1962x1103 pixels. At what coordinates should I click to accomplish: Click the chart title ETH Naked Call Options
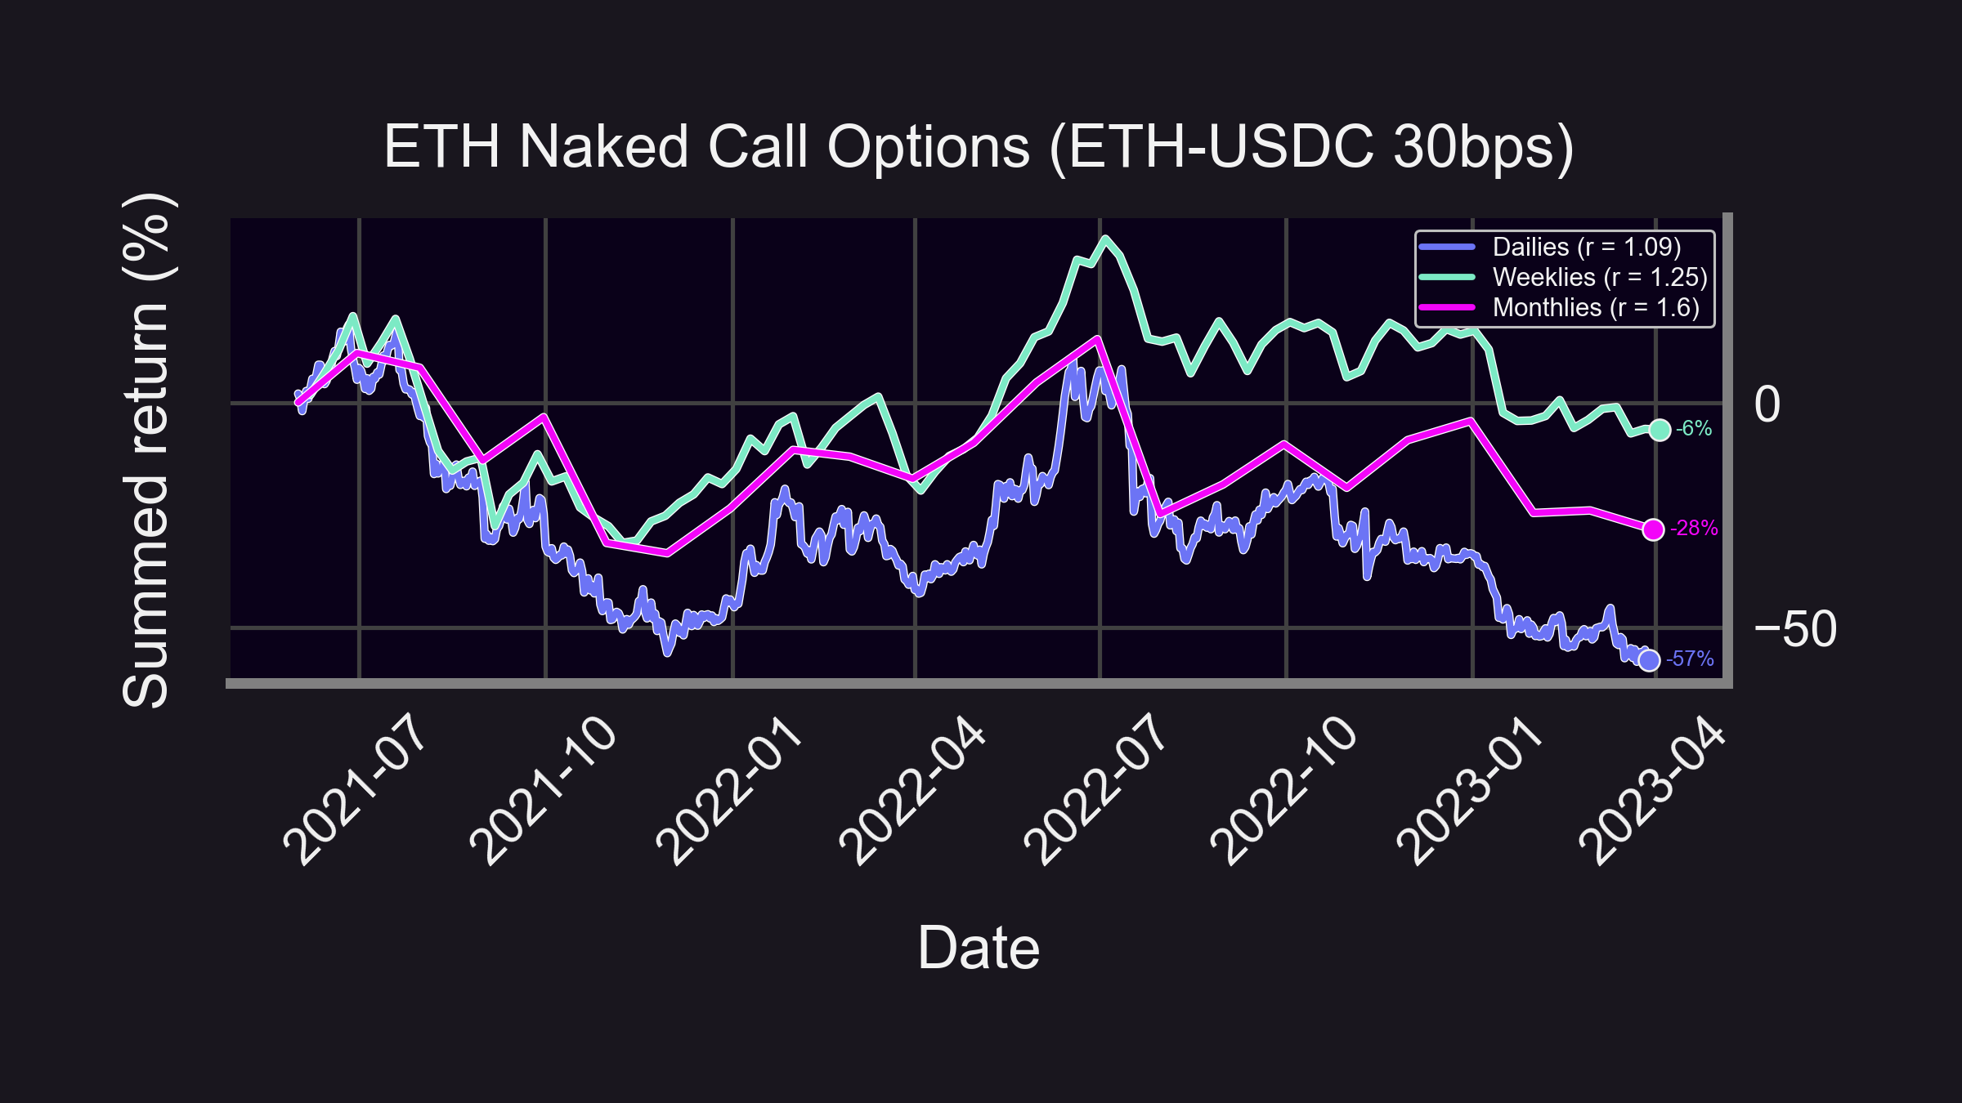click(979, 147)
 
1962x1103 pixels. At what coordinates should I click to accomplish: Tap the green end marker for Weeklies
click(1660, 430)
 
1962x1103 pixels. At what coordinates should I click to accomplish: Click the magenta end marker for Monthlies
click(1653, 529)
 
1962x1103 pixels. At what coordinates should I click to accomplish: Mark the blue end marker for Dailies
click(1649, 659)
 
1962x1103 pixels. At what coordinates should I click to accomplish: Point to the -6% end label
click(1694, 428)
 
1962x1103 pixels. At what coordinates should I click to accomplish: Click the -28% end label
click(1694, 529)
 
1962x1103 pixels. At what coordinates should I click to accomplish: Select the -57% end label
click(1690, 659)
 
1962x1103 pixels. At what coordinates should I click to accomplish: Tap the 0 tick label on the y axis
click(1767, 404)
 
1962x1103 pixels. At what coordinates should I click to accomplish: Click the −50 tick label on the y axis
click(1795, 629)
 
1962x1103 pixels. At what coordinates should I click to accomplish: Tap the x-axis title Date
click(979, 948)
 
